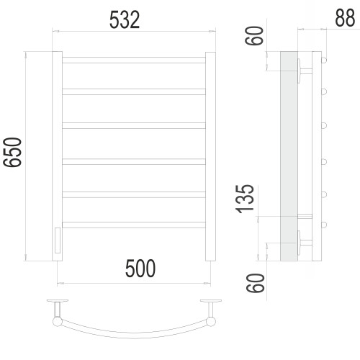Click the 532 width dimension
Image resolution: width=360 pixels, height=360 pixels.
(125, 19)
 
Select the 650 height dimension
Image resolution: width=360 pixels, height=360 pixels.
(12, 152)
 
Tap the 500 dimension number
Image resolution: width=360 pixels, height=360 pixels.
(140, 269)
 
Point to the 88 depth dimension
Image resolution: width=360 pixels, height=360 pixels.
(345, 17)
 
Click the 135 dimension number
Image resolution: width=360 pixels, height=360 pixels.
(245, 199)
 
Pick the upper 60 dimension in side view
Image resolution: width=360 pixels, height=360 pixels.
(254, 36)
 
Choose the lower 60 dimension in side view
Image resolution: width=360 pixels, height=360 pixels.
(255, 283)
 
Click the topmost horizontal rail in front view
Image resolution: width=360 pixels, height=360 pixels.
(134, 60)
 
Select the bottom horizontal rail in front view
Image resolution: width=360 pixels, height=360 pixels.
(134, 225)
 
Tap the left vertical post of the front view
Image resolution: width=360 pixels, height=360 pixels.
(57, 156)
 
